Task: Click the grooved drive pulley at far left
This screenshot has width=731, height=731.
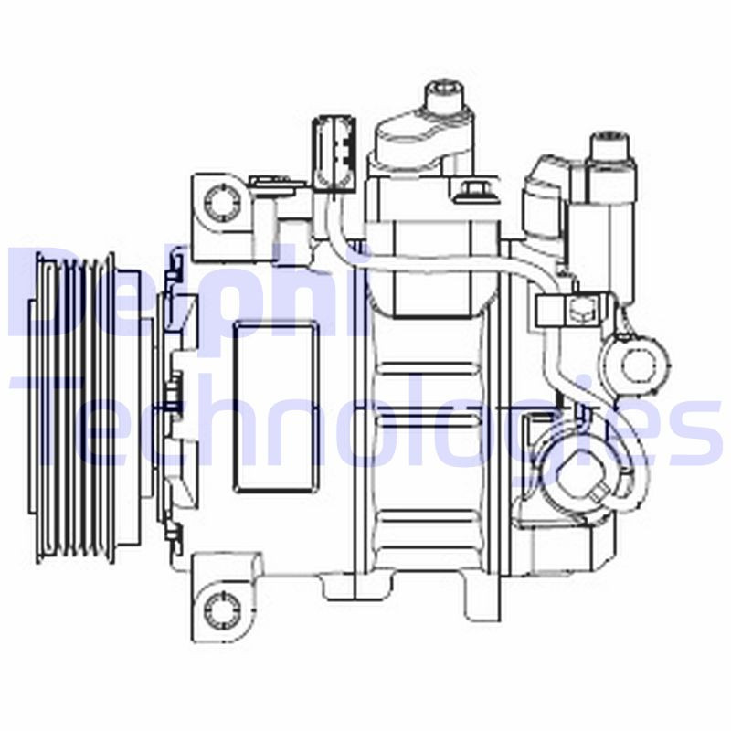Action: pyautogui.click(x=73, y=407)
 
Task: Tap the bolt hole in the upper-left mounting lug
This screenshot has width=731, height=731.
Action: pyautogui.click(x=219, y=201)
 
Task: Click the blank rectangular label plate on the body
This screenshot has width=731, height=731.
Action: pyautogui.click(x=275, y=407)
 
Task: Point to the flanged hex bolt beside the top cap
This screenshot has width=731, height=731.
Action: pyautogui.click(x=472, y=192)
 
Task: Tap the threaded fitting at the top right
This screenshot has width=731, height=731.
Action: pyautogui.click(x=611, y=151)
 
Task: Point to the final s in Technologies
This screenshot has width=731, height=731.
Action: pyautogui.click(x=699, y=434)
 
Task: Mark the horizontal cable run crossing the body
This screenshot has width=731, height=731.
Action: pyautogui.click(x=429, y=265)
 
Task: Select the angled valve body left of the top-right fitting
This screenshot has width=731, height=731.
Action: pyautogui.click(x=546, y=196)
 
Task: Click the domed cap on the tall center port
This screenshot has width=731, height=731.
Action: pyautogui.click(x=425, y=137)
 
